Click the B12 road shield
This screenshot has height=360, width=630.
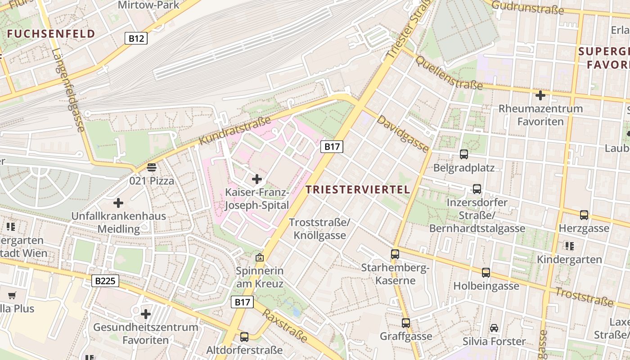pos(136,38)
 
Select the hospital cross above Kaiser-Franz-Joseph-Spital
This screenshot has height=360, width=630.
pos(257,179)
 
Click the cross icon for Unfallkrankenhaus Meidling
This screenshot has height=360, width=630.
pos(118,203)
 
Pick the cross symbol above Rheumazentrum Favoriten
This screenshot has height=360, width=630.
pos(540,95)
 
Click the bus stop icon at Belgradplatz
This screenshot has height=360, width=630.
pos(464,154)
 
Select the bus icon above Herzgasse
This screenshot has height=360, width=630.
pos(584,215)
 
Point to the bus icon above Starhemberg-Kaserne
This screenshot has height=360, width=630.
pos(395,254)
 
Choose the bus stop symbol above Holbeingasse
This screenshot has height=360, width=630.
pos(486,272)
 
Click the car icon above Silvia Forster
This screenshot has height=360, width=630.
pos(494,328)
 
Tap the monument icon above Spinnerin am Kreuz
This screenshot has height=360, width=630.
pos(259,257)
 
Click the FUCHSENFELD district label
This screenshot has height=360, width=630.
pos(51,34)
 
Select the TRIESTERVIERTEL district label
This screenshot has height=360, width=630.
pos(358,189)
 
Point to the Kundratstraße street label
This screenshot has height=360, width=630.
pos(234,131)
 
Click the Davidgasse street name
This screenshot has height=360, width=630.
pos(402,134)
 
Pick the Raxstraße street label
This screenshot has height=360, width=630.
pos(285,325)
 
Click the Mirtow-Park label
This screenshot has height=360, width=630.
pos(148,5)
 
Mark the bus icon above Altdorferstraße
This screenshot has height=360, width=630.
pos(244,337)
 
